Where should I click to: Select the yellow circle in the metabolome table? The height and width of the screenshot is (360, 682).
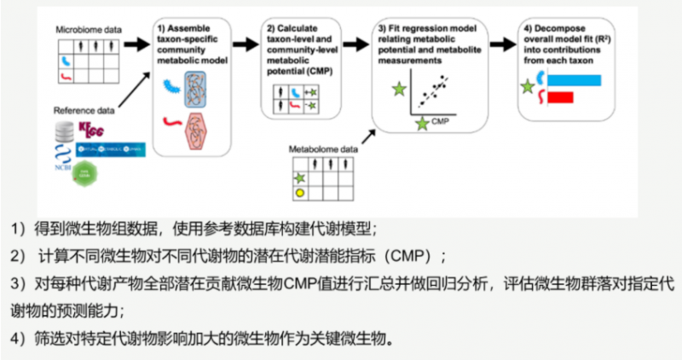(299, 194)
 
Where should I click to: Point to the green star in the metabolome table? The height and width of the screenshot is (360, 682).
(299, 177)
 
